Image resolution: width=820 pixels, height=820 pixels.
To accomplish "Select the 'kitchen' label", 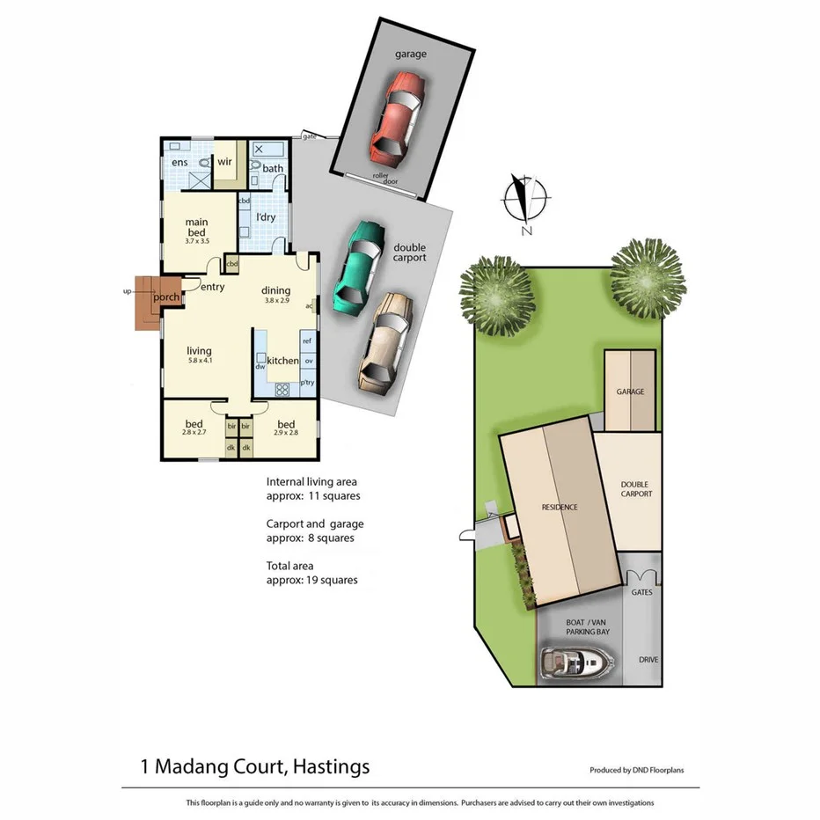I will [x=282, y=361].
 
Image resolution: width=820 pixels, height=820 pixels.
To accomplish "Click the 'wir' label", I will [x=224, y=162].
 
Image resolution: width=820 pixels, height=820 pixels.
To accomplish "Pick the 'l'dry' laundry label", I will [x=264, y=216].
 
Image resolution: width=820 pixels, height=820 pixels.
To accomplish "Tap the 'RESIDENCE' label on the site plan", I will [x=559, y=507].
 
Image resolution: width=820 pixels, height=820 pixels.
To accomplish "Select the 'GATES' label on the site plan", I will [x=642, y=592].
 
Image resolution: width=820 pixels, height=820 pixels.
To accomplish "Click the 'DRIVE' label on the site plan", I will [x=648, y=659].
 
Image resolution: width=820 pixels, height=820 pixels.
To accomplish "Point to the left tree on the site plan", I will [x=497, y=296].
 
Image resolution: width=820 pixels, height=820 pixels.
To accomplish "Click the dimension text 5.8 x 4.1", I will [x=199, y=360].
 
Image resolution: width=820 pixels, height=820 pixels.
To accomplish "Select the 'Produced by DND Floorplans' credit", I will [x=636, y=770].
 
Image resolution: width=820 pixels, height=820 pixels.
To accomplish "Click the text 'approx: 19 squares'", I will [x=311, y=580].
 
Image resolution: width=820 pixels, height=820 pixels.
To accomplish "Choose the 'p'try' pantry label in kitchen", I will [x=307, y=383].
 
